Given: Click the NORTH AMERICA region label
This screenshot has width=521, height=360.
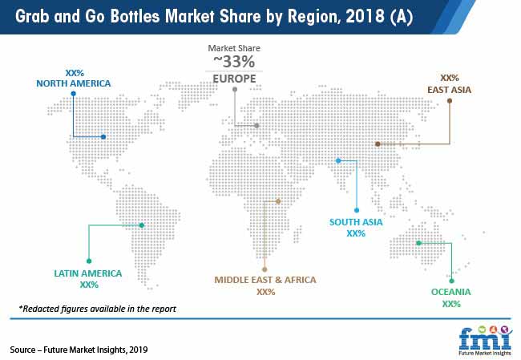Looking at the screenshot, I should pyautogui.click(x=73, y=83).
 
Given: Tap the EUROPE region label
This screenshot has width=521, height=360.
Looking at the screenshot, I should pyautogui.click(x=234, y=79).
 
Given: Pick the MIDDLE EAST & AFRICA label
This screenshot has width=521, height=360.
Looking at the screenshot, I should pyautogui.click(x=265, y=280).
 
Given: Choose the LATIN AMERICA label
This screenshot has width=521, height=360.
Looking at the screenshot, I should pyautogui.click(x=88, y=273).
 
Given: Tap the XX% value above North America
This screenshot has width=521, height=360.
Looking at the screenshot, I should pyautogui.click(x=73, y=71).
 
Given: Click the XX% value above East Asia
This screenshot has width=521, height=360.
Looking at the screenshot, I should pyautogui.click(x=450, y=79).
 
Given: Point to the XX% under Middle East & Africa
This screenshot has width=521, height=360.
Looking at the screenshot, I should pyautogui.click(x=265, y=292).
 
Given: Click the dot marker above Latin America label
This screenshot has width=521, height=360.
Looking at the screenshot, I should pyautogui.click(x=88, y=260).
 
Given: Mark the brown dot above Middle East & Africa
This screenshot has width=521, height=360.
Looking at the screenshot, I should pyautogui.click(x=265, y=269).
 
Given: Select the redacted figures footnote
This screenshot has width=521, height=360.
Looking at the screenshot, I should pyautogui.click(x=97, y=309).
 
